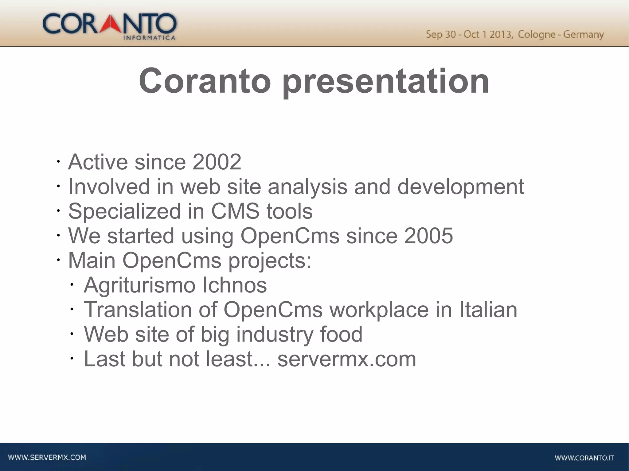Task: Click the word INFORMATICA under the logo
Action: coord(149,38)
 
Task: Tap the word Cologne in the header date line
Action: coord(537,34)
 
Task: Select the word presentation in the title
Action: coord(385,81)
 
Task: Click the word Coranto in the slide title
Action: coord(205,81)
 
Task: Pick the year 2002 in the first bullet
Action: coord(217,162)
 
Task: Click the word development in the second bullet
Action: coord(461,187)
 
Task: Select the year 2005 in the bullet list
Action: coord(428,236)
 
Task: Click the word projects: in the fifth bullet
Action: coord(270,261)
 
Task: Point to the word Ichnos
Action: coord(235,285)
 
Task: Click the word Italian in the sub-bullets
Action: coord(488,310)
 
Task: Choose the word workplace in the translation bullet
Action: coord(379,310)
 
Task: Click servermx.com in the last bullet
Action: coord(347,359)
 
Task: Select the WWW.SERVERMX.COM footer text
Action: coord(47,457)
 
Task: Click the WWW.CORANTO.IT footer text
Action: coord(584,458)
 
